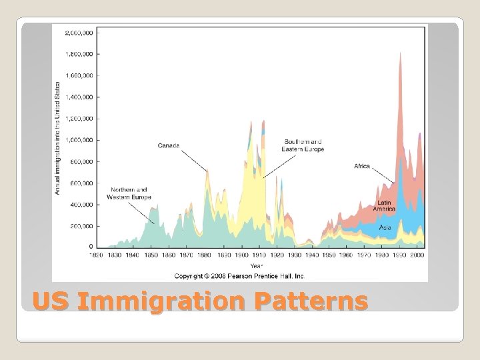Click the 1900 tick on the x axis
(243, 255)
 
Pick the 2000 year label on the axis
(418, 255)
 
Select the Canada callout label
(169, 145)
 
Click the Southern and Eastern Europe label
(303, 145)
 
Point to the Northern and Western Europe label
(130, 193)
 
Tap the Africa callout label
(362, 166)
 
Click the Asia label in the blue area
(385, 227)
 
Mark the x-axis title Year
(257, 265)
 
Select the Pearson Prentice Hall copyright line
(239, 275)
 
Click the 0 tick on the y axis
(90, 247)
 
